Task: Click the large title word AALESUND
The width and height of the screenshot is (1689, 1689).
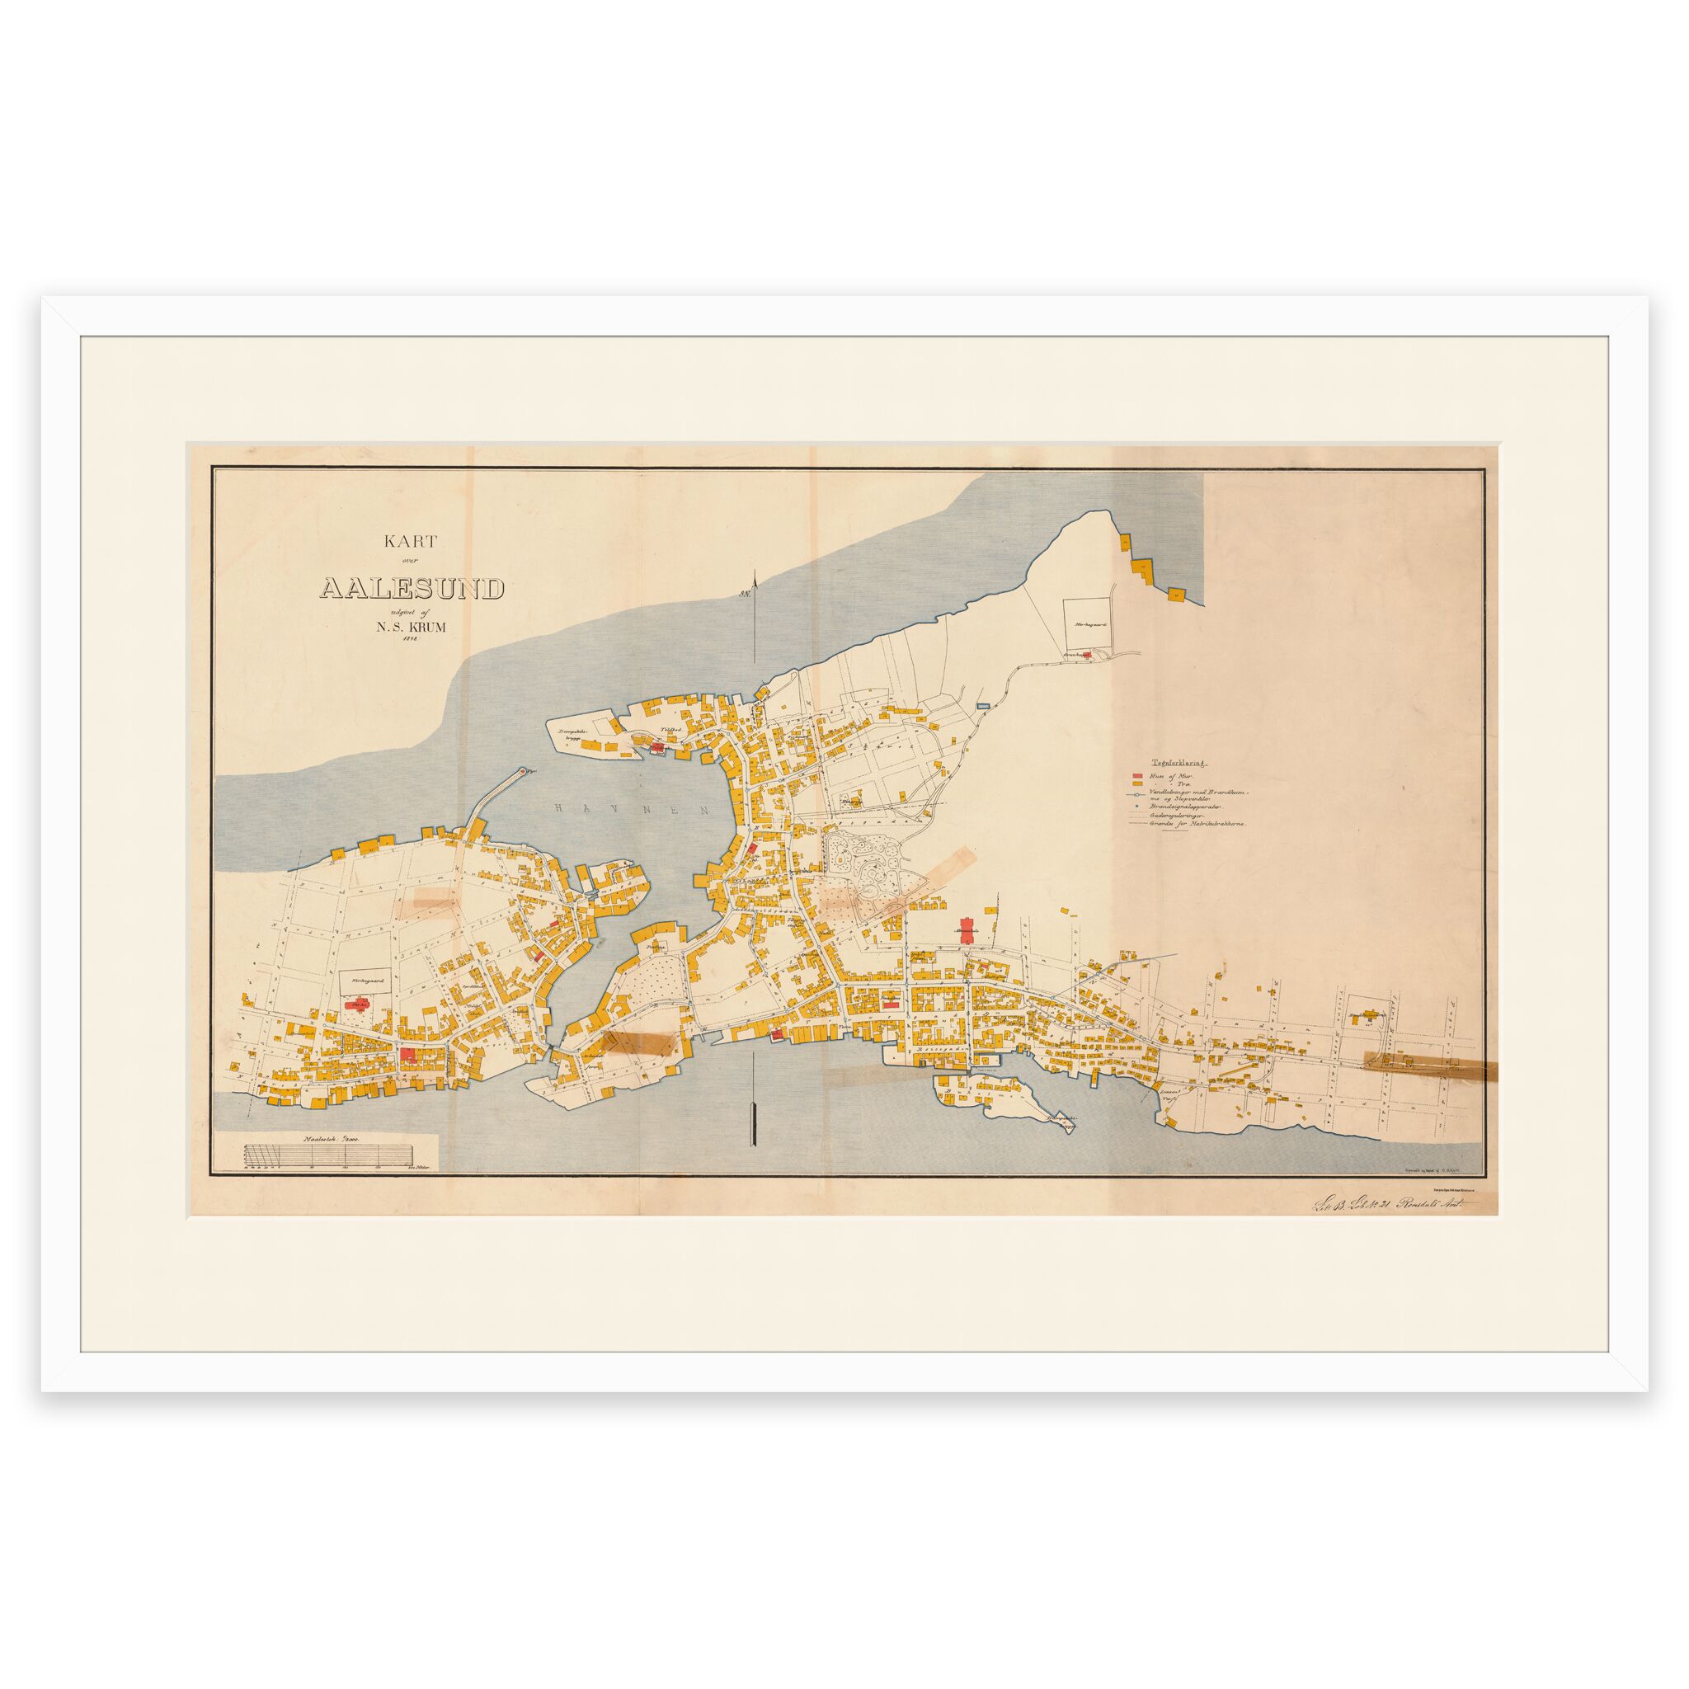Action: pyautogui.click(x=412, y=588)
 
